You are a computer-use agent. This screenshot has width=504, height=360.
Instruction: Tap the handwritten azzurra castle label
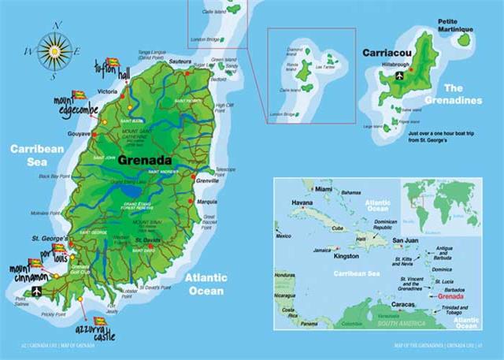pyautogui.click(x=91, y=324)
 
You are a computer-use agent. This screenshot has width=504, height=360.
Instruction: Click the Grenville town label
pyautogui.click(x=206, y=181)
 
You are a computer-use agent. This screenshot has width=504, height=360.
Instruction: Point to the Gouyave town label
pyautogui.click(x=80, y=135)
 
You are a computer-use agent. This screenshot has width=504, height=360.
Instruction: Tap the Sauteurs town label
pyautogui.click(x=180, y=61)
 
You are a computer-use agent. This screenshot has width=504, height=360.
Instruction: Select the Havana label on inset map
pyautogui.click(x=303, y=202)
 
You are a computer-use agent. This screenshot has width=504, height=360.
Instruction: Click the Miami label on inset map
pyautogui.click(x=323, y=190)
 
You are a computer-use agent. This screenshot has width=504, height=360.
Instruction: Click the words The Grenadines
pyautogui.click(x=464, y=94)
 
